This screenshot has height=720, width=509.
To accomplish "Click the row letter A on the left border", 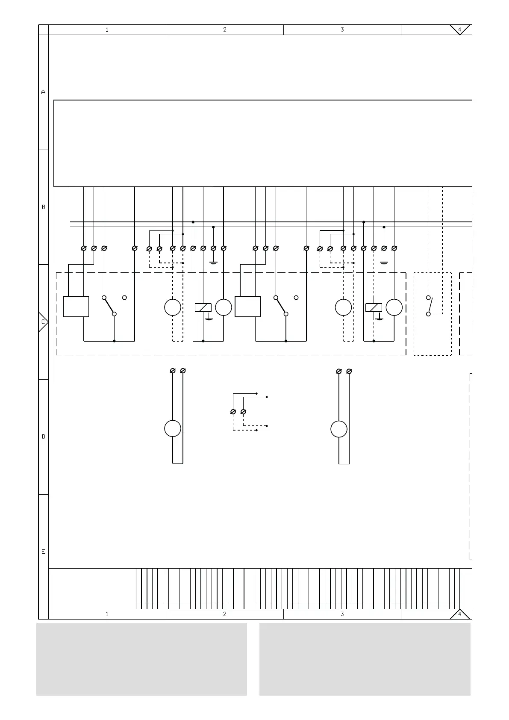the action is [x=44, y=92].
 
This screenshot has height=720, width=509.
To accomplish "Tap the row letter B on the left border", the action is [x=44, y=207].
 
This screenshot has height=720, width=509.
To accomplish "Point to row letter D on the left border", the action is [x=44, y=437].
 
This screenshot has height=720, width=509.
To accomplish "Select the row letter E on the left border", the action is [x=44, y=552].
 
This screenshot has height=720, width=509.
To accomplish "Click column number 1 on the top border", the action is [x=107, y=30].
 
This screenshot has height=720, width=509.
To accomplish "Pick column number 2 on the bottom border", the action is [x=225, y=614].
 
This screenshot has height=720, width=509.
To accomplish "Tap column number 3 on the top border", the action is [x=342, y=30].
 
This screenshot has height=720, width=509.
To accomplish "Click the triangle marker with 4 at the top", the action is [x=460, y=30].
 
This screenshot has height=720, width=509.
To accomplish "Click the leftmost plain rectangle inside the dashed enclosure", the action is [x=76, y=306].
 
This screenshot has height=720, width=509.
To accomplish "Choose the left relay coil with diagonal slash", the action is [x=203, y=307].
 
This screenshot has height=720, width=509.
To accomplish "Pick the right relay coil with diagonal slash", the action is [x=374, y=307].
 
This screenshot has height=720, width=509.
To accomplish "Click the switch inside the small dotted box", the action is [x=430, y=306].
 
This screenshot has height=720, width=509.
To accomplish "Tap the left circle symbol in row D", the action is [x=173, y=428].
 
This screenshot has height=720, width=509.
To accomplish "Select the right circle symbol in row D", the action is [x=338, y=429].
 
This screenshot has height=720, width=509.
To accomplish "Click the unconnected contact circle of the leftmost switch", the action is [x=124, y=298].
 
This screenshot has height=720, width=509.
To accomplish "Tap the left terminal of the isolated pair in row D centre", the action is [x=233, y=412].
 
